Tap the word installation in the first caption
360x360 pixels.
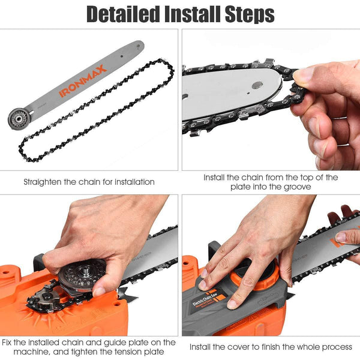(x=130, y=181)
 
